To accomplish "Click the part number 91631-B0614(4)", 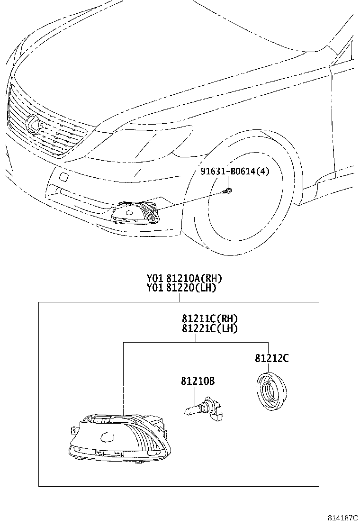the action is (235, 172).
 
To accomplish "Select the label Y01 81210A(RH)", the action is (184, 278).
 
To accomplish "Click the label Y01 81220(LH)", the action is (181, 288).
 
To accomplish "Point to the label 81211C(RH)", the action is (210, 318).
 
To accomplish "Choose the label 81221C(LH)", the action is (210, 328).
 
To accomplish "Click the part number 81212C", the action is (272, 358).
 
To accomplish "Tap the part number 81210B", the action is (198, 381).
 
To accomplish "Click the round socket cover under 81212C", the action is (271, 391).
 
